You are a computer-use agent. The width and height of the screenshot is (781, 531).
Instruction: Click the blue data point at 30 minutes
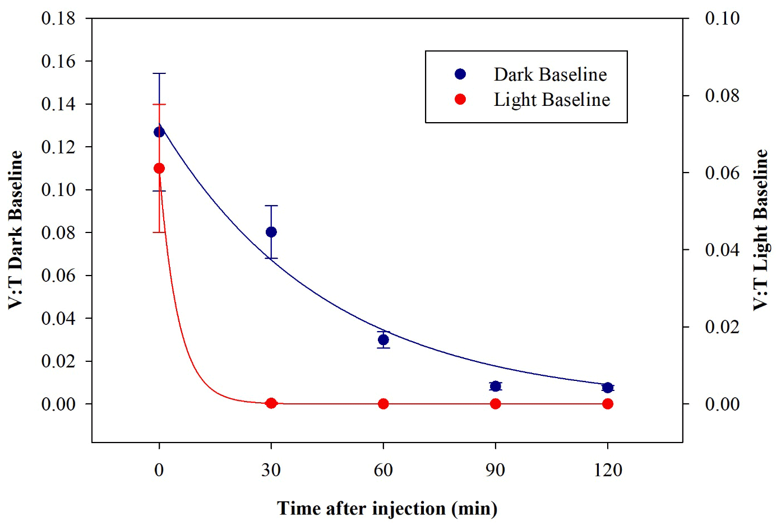(271, 232)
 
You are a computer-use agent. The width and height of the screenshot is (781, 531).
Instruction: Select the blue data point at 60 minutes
(383, 339)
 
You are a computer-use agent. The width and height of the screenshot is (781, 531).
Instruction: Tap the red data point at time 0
(159, 169)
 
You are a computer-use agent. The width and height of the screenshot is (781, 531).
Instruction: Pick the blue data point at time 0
(159, 132)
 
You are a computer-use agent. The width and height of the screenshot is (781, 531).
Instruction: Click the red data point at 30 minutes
(271, 403)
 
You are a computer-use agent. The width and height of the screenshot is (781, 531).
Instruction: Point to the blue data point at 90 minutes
(496, 386)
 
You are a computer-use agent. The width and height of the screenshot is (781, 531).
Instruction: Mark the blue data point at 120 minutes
(608, 388)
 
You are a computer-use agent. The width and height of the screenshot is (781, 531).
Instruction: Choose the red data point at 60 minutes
(383, 404)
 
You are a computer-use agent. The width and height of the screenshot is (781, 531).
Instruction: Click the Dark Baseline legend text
(550, 74)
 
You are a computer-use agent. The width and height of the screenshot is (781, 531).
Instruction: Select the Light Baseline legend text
(552, 100)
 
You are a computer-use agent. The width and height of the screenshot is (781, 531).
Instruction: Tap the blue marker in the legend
(460, 74)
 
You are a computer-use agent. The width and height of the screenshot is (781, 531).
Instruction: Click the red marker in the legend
(460, 100)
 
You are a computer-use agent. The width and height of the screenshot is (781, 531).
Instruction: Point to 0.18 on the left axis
(58, 18)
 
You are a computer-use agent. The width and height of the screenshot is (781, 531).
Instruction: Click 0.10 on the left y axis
(58, 190)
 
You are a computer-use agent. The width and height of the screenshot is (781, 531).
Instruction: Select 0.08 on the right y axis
(722, 96)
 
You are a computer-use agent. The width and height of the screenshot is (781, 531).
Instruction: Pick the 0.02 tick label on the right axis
(722, 327)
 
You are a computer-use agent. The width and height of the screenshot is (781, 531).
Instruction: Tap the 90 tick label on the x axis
(496, 470)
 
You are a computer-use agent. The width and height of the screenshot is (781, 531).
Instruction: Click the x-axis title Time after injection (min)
(387, 509)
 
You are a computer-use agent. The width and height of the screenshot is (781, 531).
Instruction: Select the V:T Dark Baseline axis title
(15, 230)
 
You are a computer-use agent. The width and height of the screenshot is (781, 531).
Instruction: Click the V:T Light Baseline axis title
(761, 230)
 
